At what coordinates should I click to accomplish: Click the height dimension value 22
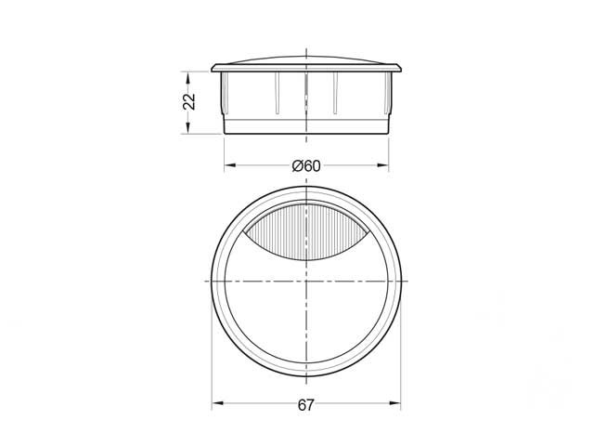(189, 101)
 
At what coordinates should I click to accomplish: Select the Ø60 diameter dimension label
(305, 166)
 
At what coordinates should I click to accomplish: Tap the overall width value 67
(307, 405)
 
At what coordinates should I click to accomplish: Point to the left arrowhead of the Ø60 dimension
(228, 167)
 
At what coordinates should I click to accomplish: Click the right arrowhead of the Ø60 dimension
(384, 167)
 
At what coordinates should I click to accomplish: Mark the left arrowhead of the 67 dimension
(217, 405)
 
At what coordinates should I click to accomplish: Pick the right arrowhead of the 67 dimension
(397, 405)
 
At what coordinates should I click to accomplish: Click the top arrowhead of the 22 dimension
(189, 74)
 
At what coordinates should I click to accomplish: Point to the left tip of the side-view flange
(213, 69)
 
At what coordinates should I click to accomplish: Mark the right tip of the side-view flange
(402, 69)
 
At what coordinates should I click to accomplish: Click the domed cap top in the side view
(307, 59)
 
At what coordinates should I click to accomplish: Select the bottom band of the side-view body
(307, 126)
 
